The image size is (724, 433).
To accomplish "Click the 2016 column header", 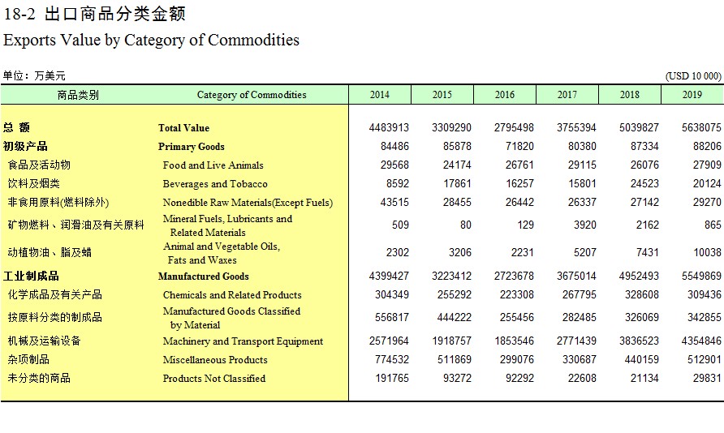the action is [504, 95].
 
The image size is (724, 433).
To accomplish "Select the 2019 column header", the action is [692, 95].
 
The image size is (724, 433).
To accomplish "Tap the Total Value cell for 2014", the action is [389, 127].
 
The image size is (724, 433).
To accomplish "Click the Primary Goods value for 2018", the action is [644, 146].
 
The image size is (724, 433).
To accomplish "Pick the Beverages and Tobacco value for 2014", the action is [398, 183].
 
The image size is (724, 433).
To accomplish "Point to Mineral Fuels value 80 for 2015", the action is [465, 225].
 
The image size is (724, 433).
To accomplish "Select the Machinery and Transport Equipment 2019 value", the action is [701, 341].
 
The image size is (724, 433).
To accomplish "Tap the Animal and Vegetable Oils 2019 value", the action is [707, 252].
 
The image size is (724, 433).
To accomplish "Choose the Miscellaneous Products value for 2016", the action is [516, 359].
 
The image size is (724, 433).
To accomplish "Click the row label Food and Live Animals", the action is [213, 165].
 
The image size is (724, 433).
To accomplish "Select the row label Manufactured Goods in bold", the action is [203, 277].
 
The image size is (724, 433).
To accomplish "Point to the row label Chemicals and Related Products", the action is [232, 294].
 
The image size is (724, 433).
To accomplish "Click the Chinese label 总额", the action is [16, 127].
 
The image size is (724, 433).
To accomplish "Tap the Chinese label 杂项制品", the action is [28, 359].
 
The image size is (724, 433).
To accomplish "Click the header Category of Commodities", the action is [251, 95].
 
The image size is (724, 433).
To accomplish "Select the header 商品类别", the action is [78, 95].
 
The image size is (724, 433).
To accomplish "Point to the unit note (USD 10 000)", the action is [693, 76].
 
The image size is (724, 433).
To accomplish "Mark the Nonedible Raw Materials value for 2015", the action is [457, 202].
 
